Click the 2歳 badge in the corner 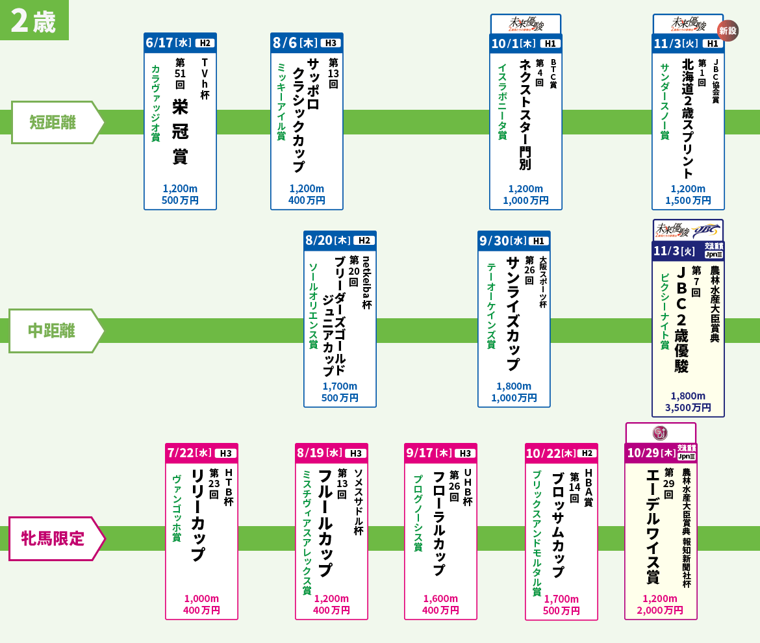(34, 20)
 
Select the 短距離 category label (53, 122)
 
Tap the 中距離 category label (52, 331)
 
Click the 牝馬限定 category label (53, 538)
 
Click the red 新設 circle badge (728, 31)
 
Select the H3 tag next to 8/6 (330, 44)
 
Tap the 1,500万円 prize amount (688, 201)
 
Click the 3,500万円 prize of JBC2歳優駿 (688, 408)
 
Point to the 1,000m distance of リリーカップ (201, 599)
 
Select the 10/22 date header (550, 453)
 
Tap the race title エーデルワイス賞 (652, 526)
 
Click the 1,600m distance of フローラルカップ (440, 599)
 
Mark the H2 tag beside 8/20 (363, 241)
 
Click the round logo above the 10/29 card (660, 433)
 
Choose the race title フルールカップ (325, 523)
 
